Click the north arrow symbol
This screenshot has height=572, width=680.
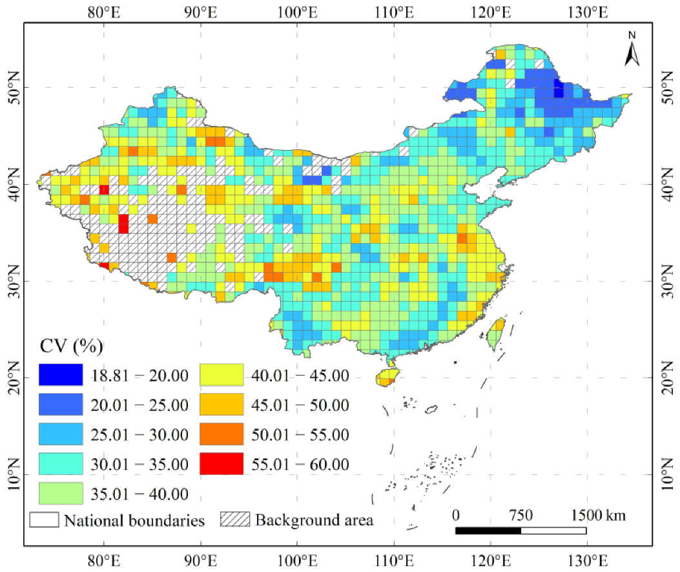pos(632,50)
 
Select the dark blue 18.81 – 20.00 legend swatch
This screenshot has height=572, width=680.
pos(60,374)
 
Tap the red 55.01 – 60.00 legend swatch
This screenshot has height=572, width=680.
pos(221,464)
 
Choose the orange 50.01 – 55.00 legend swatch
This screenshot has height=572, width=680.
pos(221,434)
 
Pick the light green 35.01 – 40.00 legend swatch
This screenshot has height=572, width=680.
pos(60,494)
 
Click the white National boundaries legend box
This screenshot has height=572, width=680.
pos(44,520)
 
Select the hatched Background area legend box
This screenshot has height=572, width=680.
pos(236,520)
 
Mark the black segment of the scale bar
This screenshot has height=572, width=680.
pos(488,531)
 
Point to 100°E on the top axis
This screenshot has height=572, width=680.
pos(296,12)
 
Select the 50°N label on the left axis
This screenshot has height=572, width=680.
pos(13,87)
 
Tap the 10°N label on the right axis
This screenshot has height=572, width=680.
pos(666,475)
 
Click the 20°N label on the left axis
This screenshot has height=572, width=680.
pos(13,378)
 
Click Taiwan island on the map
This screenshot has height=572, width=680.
pos(496,333)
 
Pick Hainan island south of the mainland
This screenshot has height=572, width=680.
pos(388,377)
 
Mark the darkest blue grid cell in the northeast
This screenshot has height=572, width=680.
pos(559,92)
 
